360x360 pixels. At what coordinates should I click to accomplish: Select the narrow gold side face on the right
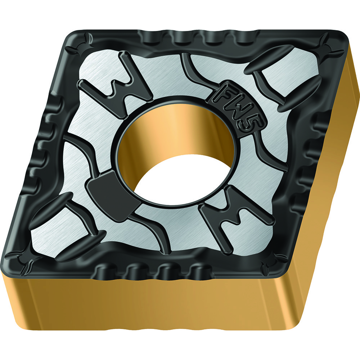324,180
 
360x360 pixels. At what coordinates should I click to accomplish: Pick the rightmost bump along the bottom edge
196,270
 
